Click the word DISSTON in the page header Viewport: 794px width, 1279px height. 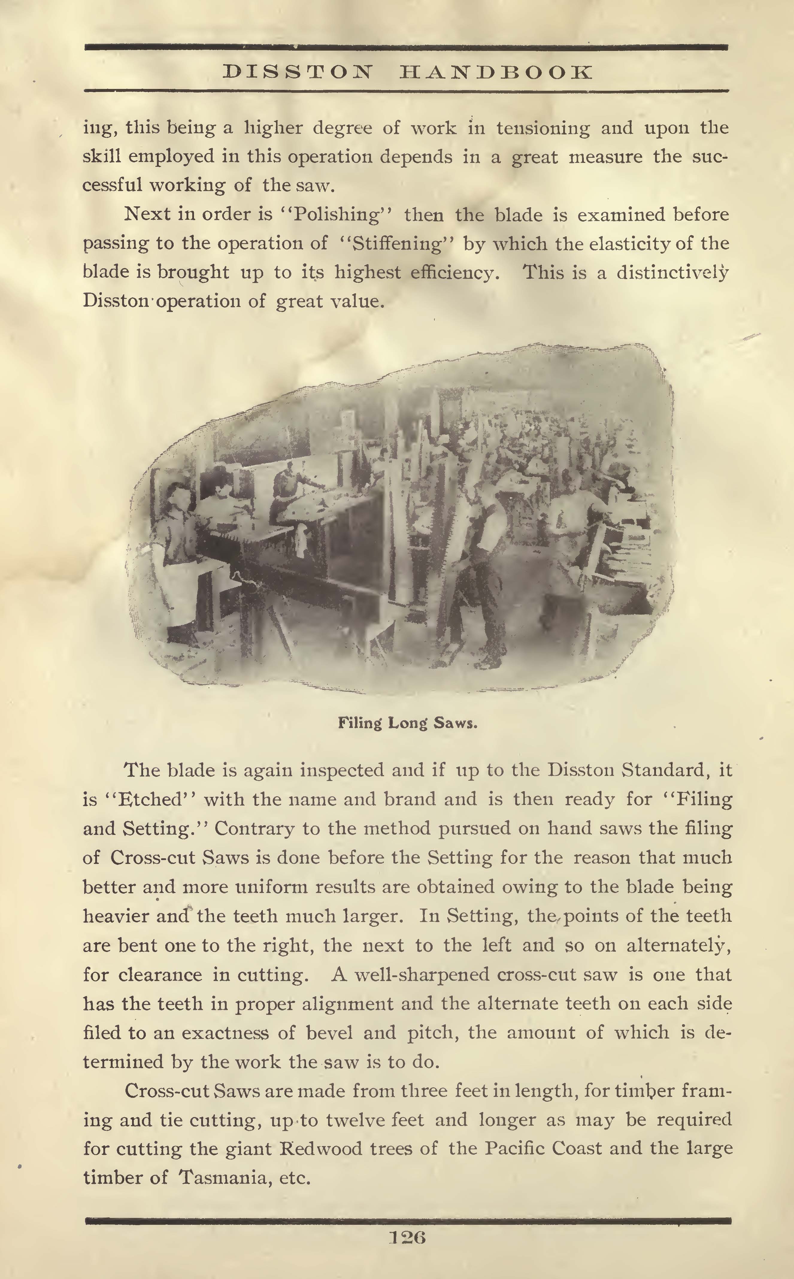(x=298, y=72)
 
